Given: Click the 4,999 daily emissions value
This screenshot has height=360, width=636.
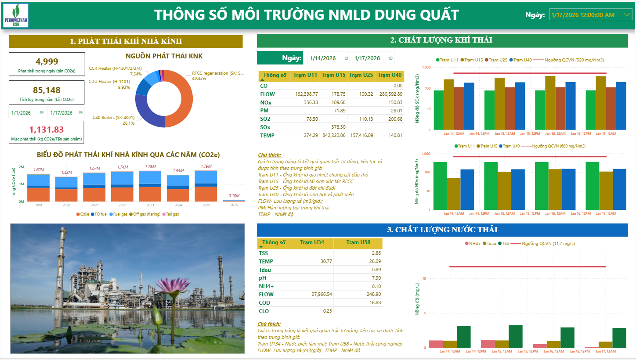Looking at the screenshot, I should tap(47, 61).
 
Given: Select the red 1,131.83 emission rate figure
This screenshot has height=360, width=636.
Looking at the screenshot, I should tap(47, 130).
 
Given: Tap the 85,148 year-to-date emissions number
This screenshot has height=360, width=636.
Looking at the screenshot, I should tap(47, 90).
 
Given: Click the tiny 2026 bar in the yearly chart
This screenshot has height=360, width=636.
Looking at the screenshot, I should tap(234, 200).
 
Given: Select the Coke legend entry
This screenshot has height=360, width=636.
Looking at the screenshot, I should tap(84, 214).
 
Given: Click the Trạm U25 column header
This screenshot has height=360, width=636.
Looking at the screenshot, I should tap(361, 76).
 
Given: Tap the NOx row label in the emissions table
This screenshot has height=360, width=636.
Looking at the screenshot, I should tap(266, 102).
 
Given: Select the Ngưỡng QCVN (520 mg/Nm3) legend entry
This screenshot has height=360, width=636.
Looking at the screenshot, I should tap(578, 60).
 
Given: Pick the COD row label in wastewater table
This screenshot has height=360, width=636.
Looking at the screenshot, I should tap(264, 302).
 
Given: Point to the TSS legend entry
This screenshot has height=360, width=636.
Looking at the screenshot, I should tap(506, 243).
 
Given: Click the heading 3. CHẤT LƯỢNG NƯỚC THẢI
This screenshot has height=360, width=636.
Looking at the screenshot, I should tap(442, 230).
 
